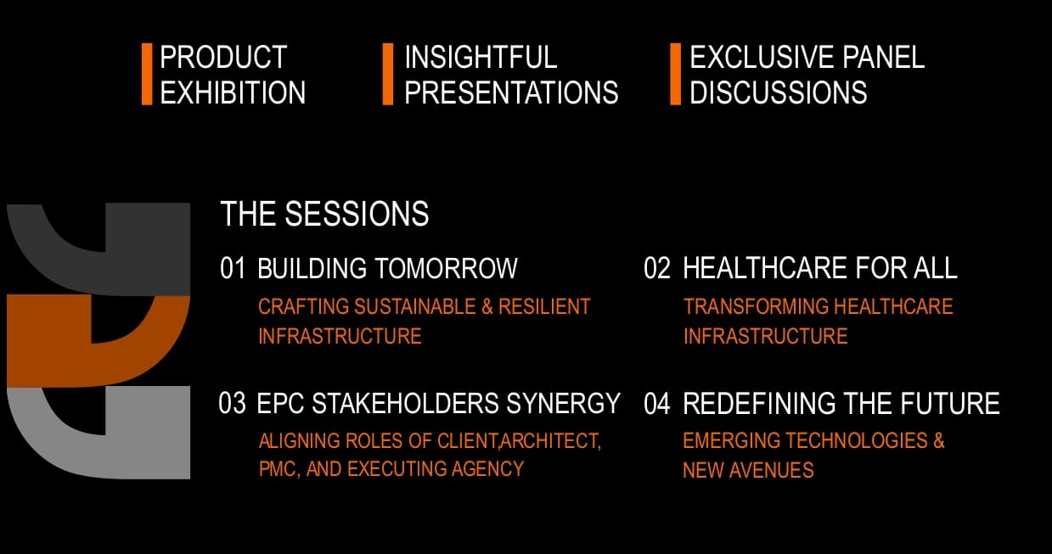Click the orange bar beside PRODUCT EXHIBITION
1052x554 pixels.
pyautogui.click(x=147, y=74)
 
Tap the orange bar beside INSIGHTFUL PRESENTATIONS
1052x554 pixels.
pyautogui.click(x=388, y=74)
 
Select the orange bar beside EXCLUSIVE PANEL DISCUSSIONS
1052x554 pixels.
pyautogui.click(x=675, y=74)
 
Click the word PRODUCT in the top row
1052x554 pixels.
pyautogui.click(x=223, y=57)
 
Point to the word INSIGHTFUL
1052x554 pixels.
pyautogui.click(x=481, y=57)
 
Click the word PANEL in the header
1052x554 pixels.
pyautogui.click(x=883, y=57)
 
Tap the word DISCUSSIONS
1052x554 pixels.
pyautogui.click(x=779, y=92)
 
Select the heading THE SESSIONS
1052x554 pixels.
pyautogui.click(x=324, y=214)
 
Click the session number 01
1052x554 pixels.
pyautogui.click(x=233, y=268)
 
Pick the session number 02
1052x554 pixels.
pyautogui.click(x=657, y=268)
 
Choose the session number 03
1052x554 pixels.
pyautogui.click(x=232, y=404)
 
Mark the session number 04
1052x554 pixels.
pyautogui.click(x=657, y=404)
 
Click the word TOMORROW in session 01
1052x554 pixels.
pyautogui.click(x=446, y=268)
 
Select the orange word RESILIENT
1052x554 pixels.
pyautogui.click(x=544, y=307)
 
